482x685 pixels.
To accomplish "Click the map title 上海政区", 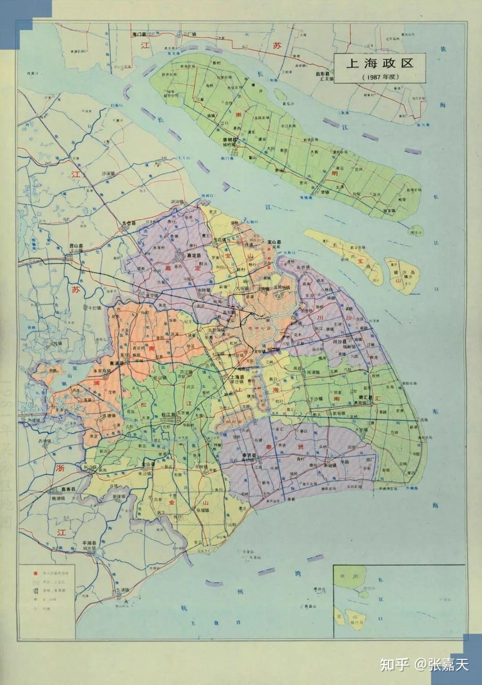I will click(x=380, y=63).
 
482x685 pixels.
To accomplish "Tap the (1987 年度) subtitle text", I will click(x=380, y=76).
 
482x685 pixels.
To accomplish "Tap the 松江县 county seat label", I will click(x=168, y=414).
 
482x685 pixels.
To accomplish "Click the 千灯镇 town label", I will click(x=95, y=308).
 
